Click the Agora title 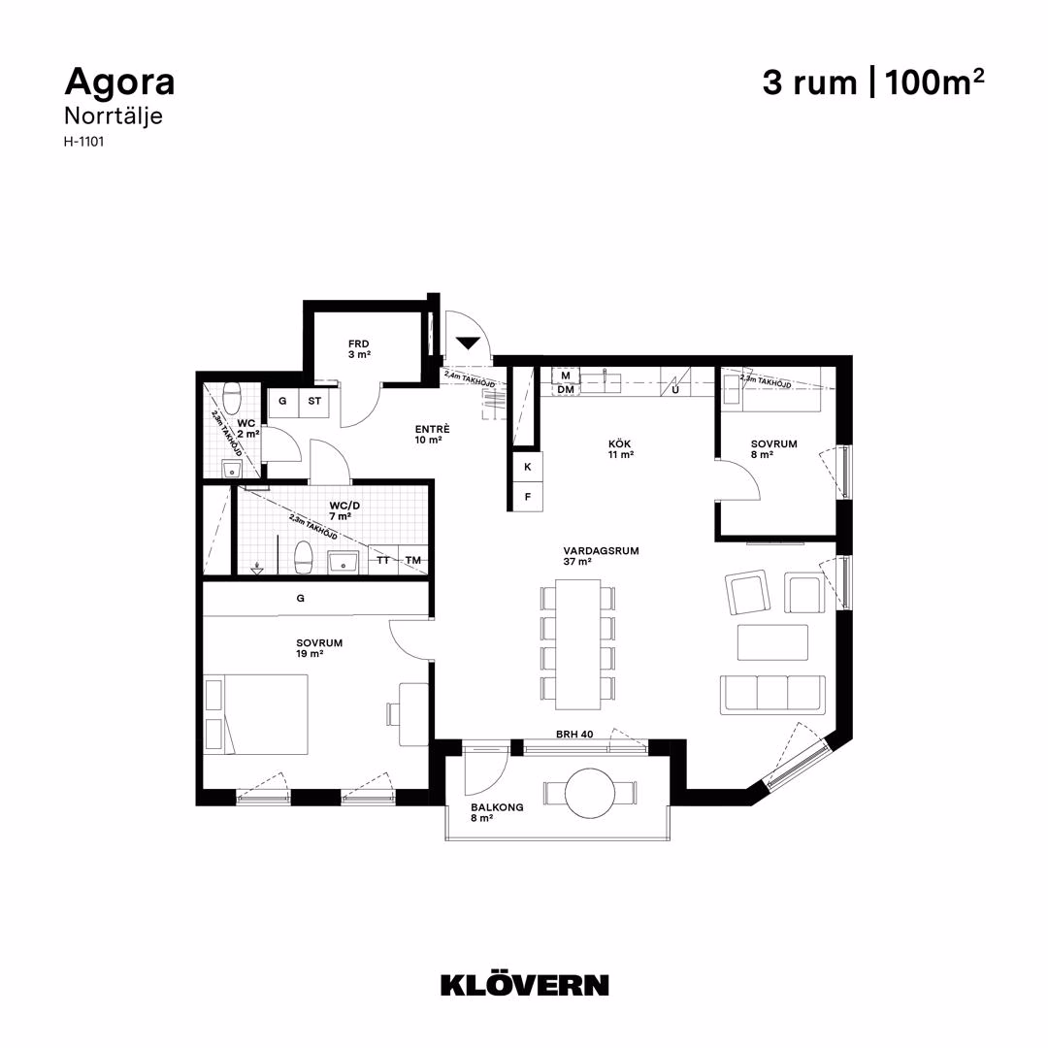(119, 82)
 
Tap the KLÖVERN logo (525, 985)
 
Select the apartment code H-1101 (83, 142)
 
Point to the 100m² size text (934, 82)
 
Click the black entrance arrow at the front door (468, 344)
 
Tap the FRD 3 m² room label (359, 349)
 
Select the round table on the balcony (590, 794)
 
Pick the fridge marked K (528, 467)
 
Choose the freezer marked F (528, 497)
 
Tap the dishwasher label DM (566, 390)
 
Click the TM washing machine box (413, 560)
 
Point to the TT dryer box (383, 560)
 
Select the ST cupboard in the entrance (314, 402)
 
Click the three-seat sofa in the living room (772, 694)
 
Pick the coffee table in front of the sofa (772, 642)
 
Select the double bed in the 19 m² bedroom (256, 714)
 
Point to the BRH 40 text (574, 734)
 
